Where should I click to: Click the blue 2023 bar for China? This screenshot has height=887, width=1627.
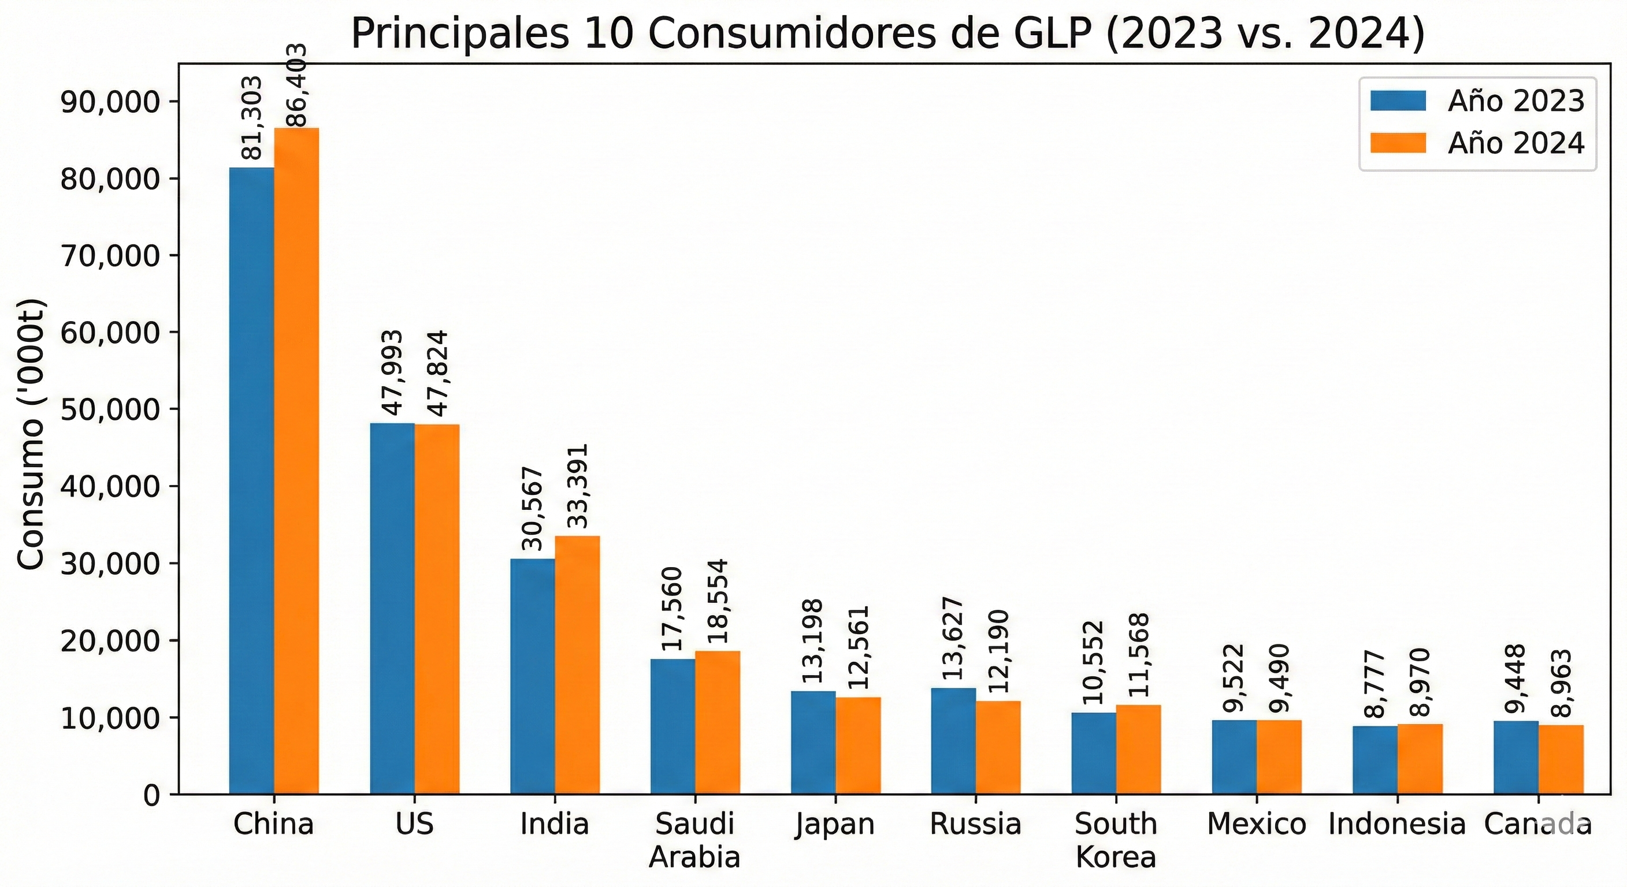(x=251, y=480)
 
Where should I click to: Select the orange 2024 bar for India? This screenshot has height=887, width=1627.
(x=577, y=664)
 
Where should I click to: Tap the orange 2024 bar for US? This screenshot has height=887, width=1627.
(x=437, y=609)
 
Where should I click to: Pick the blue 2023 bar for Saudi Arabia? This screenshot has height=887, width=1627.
(x=673, y=726)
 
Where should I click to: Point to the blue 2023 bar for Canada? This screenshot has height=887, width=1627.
(x=1516, y=757)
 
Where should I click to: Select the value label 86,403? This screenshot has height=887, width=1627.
(x=296, y=85)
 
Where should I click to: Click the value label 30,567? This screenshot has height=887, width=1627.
(x=533, y=509)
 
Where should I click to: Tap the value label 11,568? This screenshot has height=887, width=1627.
(x=1139, y=655)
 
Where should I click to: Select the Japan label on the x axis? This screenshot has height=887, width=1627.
(x=835, y=825)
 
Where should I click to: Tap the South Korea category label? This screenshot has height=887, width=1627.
(x=1116, y=840)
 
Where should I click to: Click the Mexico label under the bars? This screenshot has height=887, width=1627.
(x=1256, y=825)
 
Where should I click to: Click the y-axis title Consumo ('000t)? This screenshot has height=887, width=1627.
(x=30, y=434)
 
